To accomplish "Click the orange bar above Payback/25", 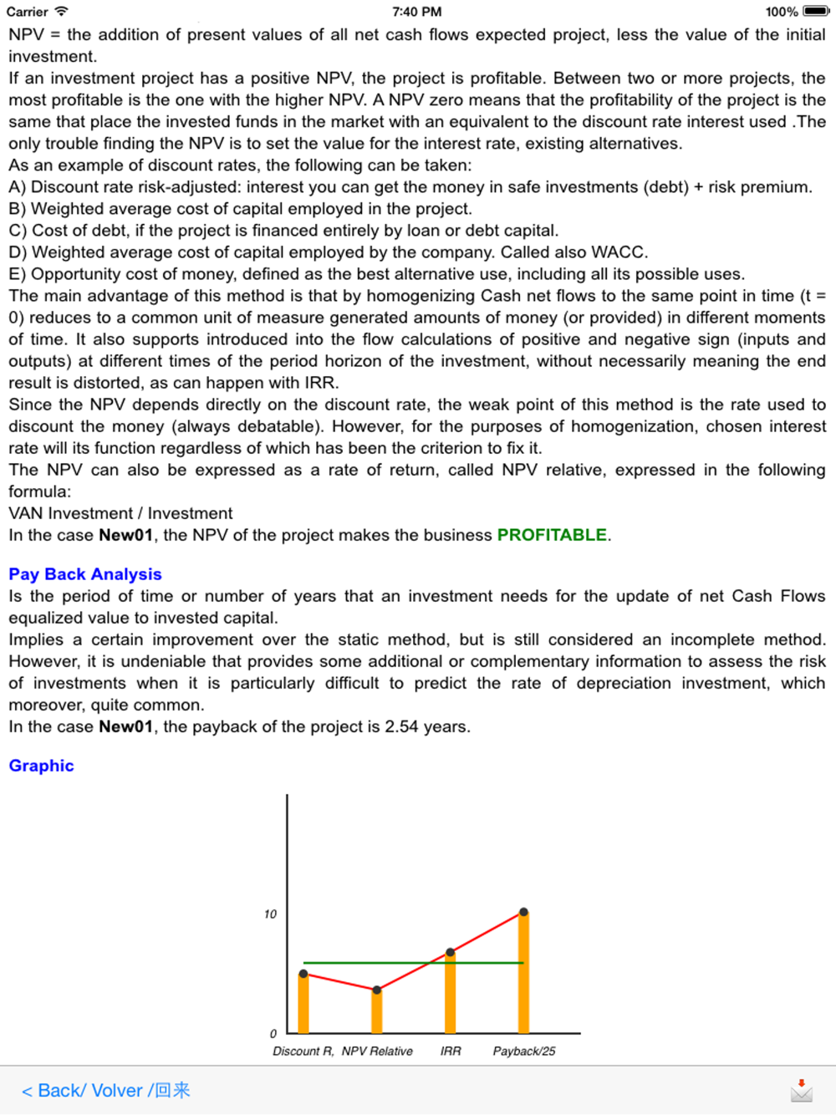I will click(x=523, y=973).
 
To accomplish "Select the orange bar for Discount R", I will click(x=303, y=1004).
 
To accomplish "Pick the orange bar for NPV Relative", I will click(x=377, y=1011).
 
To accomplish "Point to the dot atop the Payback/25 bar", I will click(x=523, y=912).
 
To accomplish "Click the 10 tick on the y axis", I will click(x=270, y=914).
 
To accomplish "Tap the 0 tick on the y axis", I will click(x=273, y=1034).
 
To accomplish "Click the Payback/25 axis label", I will click(x=523, y=1051).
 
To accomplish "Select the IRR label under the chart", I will click(x=451, y=1051).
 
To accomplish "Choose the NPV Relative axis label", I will click(x=377, y=1051).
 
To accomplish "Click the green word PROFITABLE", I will click(x=552, y=535).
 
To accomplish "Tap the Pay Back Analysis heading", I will click(x=85, y=574).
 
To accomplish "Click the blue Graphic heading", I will click(x=41, y=766).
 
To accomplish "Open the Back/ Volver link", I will click(x=105, y=1091).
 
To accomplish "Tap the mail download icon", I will click(x=801, y=1090).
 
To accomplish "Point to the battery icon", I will click(x=816, y=12).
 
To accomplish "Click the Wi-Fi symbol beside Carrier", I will click(x=61, y=12).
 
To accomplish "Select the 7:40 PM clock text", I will click(x=416, y=12).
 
